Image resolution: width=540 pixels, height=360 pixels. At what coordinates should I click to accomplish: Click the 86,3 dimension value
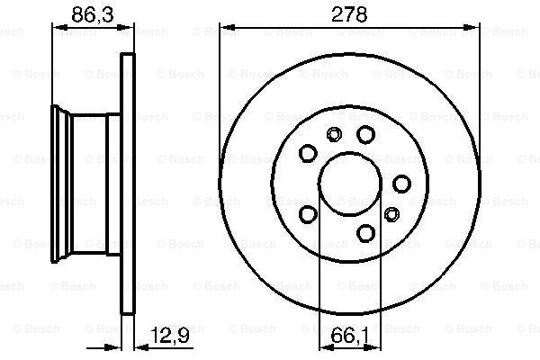(93, 14)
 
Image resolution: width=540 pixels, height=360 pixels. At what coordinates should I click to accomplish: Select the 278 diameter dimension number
(349, 14)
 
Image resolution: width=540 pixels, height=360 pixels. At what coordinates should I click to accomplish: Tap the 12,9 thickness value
(170, 335)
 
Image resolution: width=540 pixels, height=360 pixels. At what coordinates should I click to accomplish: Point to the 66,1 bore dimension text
(350, 336)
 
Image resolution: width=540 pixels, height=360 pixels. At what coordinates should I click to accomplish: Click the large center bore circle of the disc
(350, 153)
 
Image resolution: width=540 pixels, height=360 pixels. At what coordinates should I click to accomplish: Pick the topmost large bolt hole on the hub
(365, 134)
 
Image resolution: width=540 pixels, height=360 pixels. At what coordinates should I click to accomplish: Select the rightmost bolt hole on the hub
(401, 184)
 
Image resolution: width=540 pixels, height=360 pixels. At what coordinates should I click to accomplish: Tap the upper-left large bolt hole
(308, 153)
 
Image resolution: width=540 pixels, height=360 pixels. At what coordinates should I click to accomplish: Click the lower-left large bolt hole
(308, 214)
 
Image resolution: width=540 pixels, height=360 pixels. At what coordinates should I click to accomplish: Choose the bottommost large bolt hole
(365, 233)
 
